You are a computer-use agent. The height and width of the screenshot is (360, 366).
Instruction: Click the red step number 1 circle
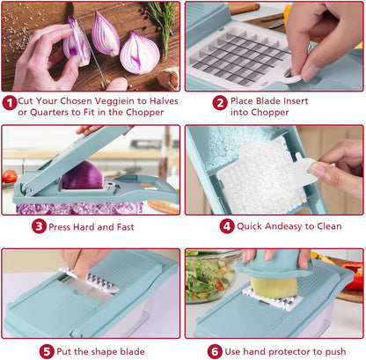point(10,103)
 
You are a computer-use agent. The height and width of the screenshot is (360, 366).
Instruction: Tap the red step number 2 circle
point(220,103)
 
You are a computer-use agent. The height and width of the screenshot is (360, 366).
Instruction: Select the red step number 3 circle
point(40,226)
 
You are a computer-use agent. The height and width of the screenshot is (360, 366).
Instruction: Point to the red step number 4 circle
point(227,226)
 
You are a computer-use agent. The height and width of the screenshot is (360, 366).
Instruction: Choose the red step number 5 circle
point(47,351)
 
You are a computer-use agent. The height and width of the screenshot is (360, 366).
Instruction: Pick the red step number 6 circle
point(215,351)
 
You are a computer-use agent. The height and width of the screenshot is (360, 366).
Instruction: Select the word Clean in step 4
point(329,226)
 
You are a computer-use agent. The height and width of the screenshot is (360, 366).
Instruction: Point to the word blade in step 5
point(132,351)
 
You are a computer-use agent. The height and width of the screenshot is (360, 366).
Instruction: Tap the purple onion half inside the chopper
point(83,175)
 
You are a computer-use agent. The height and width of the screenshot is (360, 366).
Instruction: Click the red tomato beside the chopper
point(10,176)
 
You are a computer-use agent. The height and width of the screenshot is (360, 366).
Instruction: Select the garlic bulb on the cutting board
point(169,78)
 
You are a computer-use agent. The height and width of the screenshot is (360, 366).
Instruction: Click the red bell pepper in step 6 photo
point(353,275)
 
